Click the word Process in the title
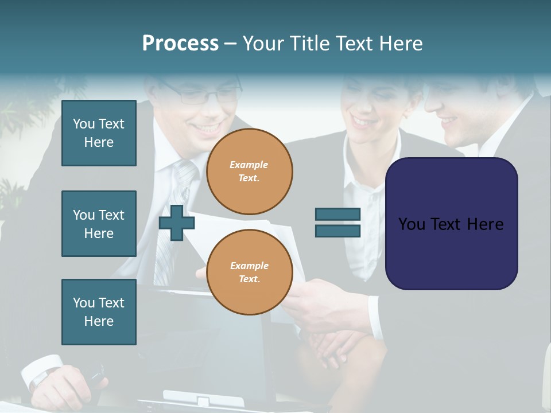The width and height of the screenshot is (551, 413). coord(180,44)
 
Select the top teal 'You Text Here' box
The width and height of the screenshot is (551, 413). coord(99,133)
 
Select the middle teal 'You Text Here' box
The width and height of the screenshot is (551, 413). coord(99,224)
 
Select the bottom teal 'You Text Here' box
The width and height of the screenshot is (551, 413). coord(99,312)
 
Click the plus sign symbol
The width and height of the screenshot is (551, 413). coord(177,223)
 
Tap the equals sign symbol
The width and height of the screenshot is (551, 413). coord(337,223)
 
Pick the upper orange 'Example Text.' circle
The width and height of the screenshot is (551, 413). coord(249,172)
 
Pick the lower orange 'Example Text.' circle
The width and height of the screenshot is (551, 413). coord(249,272)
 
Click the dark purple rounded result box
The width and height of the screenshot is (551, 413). coord(451,224)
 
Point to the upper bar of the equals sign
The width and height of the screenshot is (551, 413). coord(337,214)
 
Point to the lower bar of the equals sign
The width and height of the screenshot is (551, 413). coord(337,231)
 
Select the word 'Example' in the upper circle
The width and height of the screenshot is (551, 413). coord(249,165)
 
